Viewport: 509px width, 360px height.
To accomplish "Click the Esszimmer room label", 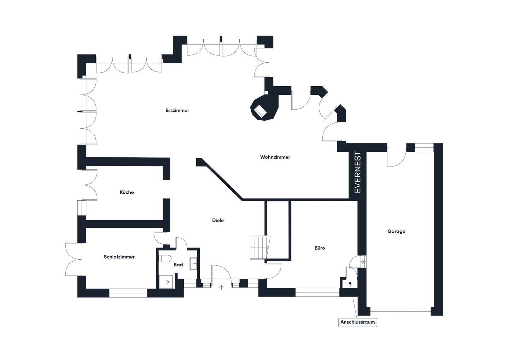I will click(x=177, y=110).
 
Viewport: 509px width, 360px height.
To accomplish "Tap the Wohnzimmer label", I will click(x=275, y=157).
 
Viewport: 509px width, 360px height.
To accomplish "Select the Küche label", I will click(x=127, y=192).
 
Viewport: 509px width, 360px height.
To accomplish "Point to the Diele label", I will click(x=218, y=220).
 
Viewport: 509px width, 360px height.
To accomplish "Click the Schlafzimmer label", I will click(x=119, y=257).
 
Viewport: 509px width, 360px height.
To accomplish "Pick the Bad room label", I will click(x=178, y=265).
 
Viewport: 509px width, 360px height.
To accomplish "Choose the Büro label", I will click(x=320, y=248).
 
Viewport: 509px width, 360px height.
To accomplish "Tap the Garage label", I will click(x=396, y=231).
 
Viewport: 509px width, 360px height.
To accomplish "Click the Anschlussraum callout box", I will click(x=357, y=322).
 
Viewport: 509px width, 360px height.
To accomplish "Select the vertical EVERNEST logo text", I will click(x=358, y=172).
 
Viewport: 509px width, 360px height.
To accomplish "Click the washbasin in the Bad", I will click(x=194, y=263).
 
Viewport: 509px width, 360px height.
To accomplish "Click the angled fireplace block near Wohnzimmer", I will click(x=264, y=108).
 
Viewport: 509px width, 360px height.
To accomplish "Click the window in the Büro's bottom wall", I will click(x=317, y=292).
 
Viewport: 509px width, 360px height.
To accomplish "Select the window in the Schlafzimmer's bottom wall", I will click(x=128, y=293).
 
